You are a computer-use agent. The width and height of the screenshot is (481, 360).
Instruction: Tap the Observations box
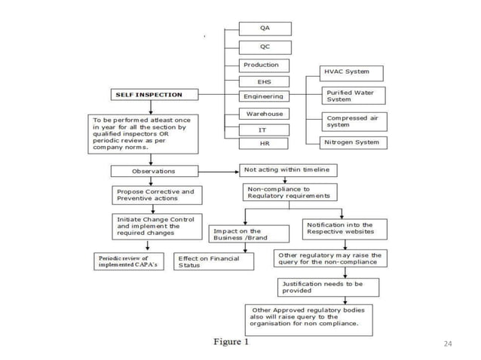(153, 171)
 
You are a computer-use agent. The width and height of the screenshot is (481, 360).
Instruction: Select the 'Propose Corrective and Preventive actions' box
(155, 195)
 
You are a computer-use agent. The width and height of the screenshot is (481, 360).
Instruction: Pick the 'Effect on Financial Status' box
(213, 261)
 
